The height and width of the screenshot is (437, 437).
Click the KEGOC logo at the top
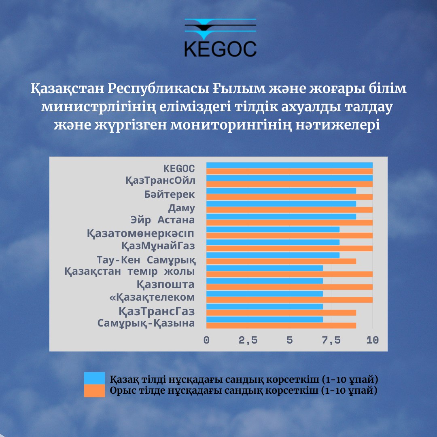click(220, 38)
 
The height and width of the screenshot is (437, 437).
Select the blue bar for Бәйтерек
click(281, 191)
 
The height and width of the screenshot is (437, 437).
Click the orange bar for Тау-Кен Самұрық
click(281, 261)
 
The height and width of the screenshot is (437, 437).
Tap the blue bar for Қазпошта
click(265, 281)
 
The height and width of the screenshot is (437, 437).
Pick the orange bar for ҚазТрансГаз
click(281, 313)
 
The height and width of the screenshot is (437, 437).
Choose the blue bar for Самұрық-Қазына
click(265, 319)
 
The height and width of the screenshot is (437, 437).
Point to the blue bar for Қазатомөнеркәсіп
click(273, 229)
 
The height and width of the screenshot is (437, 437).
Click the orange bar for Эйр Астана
click(290, 223)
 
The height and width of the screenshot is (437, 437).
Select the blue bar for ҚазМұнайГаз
click(273, 242)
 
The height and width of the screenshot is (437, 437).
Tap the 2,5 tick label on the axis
click(248, 340)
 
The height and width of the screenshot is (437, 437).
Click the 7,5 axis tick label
click(331, 340)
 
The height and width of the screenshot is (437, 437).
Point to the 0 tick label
click(206, 340)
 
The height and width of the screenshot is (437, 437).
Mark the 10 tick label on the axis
click(373, 340)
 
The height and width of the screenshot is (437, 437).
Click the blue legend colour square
click(94, 378)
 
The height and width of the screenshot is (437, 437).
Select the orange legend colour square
click(94, 391)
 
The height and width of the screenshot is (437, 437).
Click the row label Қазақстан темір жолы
click(129, 272)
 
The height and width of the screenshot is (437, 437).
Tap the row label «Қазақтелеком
click(152, 297)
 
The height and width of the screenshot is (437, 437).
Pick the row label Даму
click(181, 208)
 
